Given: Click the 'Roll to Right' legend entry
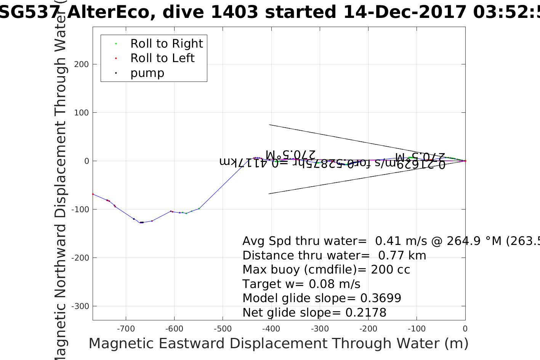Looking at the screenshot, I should point(166,44).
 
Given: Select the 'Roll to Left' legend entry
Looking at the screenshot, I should point(162,58).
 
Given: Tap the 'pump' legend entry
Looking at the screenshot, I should point(147,73).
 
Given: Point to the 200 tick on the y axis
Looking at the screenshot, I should point(82,64).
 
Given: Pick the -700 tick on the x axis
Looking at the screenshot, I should point(126,329).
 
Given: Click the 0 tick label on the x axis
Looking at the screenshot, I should point(465,329).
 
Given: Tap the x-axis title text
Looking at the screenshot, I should point(278,344).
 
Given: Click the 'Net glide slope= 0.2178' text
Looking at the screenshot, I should point(314,313).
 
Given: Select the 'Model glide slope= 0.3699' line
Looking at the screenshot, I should point(322,298).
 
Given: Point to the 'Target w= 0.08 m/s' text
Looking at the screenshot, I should point(301,284).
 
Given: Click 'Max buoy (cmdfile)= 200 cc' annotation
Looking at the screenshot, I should point(326,270).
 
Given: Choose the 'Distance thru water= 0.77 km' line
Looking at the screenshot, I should point(334,256).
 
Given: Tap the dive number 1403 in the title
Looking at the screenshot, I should point(234,13).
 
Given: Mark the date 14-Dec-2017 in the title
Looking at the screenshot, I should point(405,13).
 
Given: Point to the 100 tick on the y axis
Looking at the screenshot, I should point(82,113).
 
